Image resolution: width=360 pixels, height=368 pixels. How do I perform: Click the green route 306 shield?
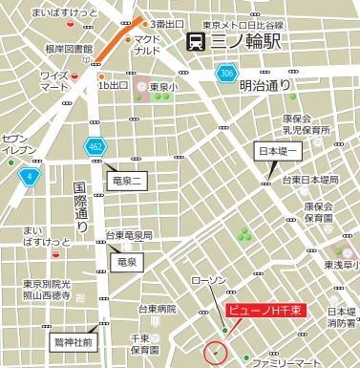coord(226,74)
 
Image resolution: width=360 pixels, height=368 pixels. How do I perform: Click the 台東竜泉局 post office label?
coord(128,234)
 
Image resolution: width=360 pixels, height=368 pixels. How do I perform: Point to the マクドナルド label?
coord(148,44)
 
